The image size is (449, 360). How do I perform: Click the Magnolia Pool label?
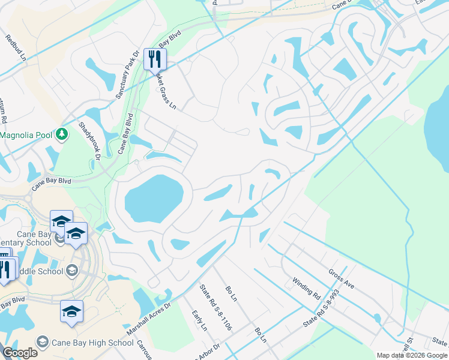point(26,135)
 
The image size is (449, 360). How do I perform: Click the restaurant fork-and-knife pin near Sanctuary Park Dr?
point(155,59)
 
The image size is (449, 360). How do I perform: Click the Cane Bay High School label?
point(92,343)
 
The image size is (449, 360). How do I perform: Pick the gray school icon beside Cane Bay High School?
point(43,342)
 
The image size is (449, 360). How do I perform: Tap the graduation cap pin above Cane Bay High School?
point(71,312)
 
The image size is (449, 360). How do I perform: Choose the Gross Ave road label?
point(341,278)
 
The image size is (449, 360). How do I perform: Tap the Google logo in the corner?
point(20,353)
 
